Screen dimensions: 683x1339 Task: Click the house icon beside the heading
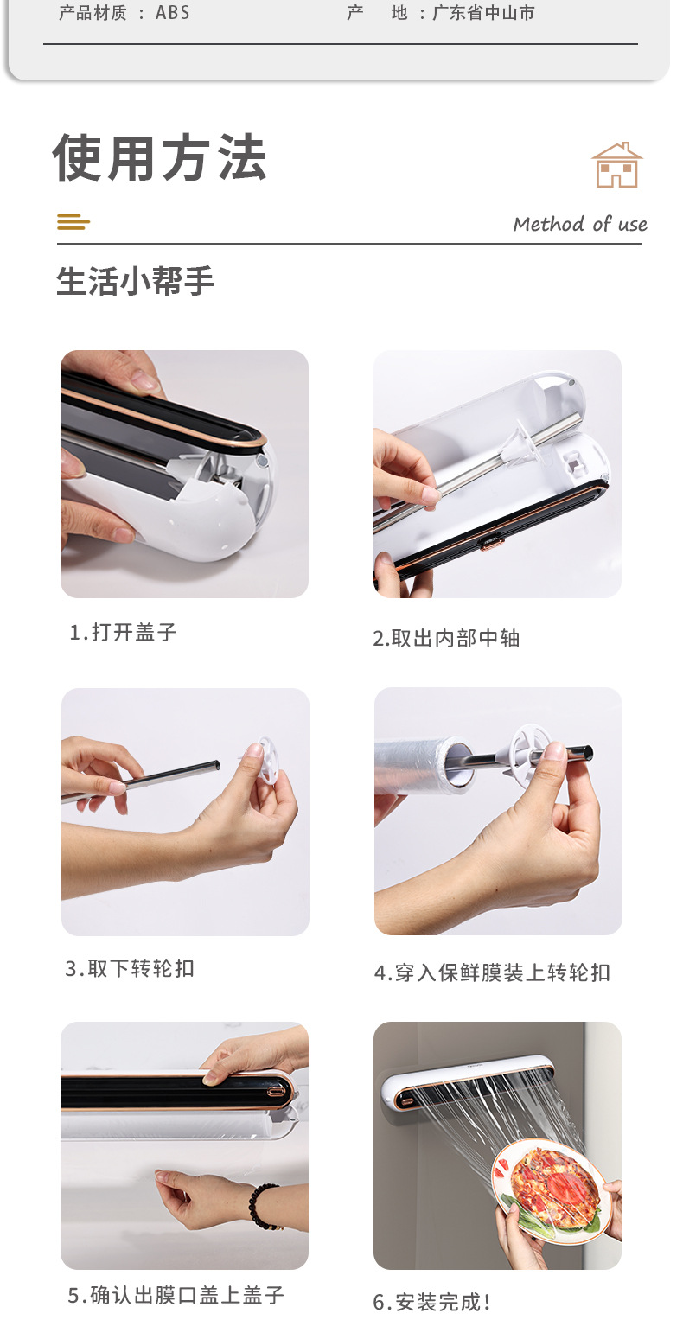pyautogui.click(x=617, y=165)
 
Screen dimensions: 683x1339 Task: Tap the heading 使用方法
pyautogui.click(x=160, y=157)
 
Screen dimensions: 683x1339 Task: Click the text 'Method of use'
pyautogui.click(x=580, y=224)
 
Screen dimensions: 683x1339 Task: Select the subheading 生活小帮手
pyautogui.click(x=135, y=281)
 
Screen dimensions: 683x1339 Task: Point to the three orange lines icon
pyautogui.click(x=73, y=222)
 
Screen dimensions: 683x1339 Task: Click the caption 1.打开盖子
pyautogui.click(x=124, y=632)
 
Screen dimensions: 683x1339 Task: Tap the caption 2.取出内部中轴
pyautogui.click(x=446, y=639)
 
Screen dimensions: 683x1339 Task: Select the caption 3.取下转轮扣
pyautogui.click(x=130, y=968)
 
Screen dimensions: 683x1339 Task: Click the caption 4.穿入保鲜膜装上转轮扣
pyautogui.click(x=492, y=972)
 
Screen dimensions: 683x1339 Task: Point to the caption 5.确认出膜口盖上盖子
pyautogui.click(x=176, y=1296)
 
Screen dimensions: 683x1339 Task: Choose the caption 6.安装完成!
pyautogui.click(x=431, y=1302)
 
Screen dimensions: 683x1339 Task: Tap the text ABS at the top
pyautogui.click(x=172, y=13)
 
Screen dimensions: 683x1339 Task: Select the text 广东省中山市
pyautogui.click(x=483, y=13)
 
